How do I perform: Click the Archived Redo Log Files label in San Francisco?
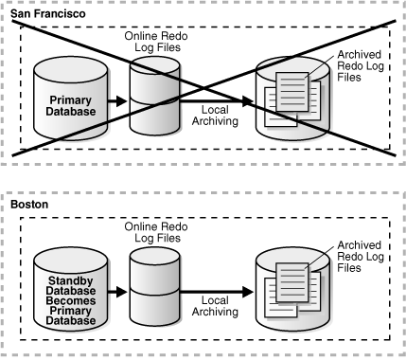tap(360, 68)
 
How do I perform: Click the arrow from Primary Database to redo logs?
tap(116, 99)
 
